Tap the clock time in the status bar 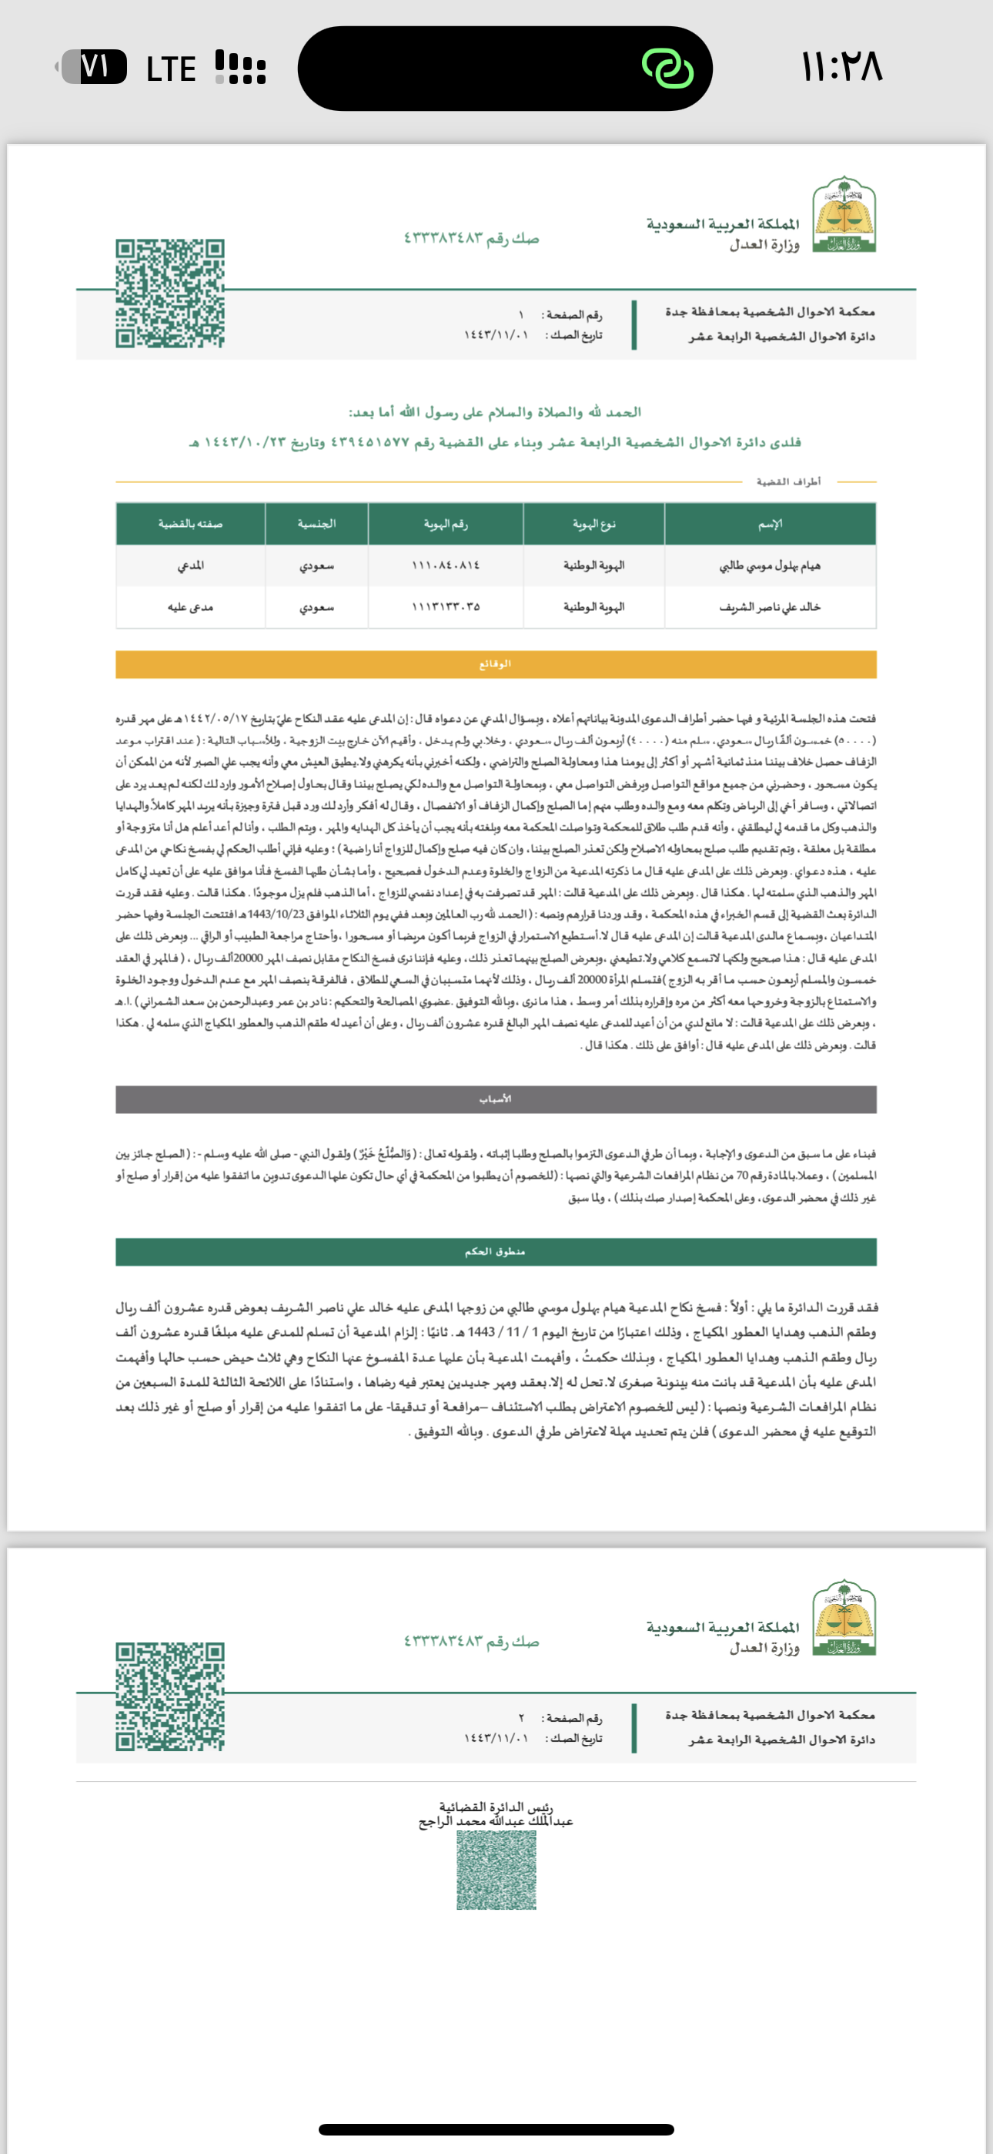(841, 68)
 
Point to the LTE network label (171, 69)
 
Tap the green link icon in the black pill (667, 68)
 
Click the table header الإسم (770, 525)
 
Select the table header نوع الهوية (593, 525)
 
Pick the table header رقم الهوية (446, 525)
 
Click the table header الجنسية (317, 525)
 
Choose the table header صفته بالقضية (191, 525)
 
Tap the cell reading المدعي (191, 566)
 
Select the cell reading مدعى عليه (191, 607)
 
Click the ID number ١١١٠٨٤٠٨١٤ (446, 566)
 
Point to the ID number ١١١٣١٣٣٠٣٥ (446, 607)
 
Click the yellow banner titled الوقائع (496, 664)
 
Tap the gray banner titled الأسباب (496, 1099)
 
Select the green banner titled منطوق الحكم (496, 1252)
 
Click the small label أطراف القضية (788, 481)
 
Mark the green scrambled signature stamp (496, 1870)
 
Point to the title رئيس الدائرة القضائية (496, 1808)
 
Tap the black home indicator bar (496, 2130)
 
